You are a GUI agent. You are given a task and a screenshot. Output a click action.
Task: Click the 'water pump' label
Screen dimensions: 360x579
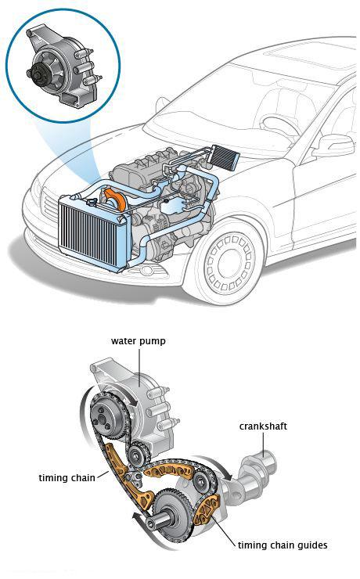click(138, 341)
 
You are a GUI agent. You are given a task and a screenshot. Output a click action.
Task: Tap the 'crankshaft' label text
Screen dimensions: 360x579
click(263, 426)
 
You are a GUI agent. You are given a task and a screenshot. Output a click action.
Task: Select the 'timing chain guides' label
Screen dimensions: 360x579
click(283, 545)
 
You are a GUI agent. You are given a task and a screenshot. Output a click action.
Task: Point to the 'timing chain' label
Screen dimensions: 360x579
click(67, 478)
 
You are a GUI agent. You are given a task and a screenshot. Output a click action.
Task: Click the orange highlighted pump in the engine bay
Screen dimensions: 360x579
click(115, 200)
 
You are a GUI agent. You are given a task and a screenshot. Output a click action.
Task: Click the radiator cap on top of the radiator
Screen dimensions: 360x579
click(92, 203)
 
